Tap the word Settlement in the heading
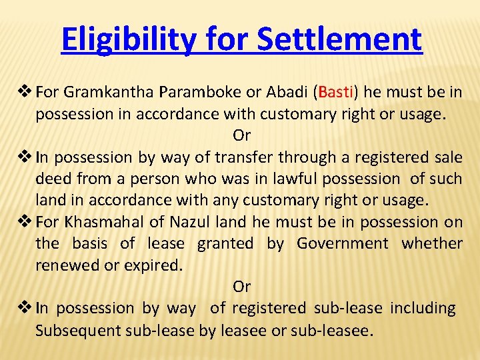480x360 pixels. tap(339, 39)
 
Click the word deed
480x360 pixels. tap(53, 179)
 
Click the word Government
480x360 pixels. tap(342, 243)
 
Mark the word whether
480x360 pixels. tap(432, 243)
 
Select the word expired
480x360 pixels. tap(155, 265)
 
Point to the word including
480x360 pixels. tap(423, 308)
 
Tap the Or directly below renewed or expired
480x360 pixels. tap(241, 287)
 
